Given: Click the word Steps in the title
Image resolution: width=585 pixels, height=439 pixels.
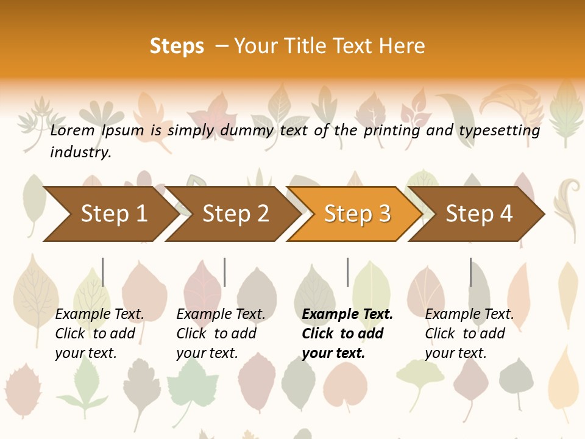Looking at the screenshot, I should coord(177,46).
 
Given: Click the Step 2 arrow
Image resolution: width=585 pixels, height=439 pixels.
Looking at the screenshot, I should coord(235,214).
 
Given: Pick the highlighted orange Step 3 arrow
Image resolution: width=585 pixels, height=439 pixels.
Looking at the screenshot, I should coord(357,214).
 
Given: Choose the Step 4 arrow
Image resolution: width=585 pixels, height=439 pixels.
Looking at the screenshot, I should coord(479,214).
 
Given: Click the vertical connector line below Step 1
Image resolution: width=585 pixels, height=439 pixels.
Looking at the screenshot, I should coord(103,272).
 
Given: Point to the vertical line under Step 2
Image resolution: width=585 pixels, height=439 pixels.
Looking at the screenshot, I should coord(225,272).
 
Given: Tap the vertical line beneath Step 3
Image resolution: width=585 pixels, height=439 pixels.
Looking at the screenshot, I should coord(348,272).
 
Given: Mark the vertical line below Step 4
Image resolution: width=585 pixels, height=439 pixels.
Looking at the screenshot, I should coord(471,272).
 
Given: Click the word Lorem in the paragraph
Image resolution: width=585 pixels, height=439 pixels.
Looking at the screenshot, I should coord(73,130).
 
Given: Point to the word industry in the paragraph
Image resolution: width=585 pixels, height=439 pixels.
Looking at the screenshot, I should coord(80,152).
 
